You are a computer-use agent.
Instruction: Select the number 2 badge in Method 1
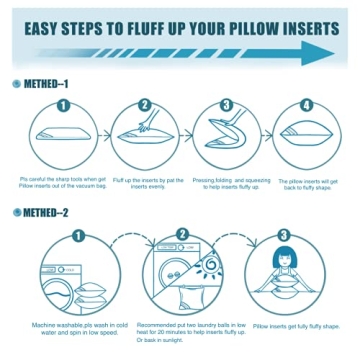coord(144,104)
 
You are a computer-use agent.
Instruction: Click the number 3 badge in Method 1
coord(226,104)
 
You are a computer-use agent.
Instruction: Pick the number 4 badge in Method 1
coord(307,104)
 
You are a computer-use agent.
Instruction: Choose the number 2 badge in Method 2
coord(182,236)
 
